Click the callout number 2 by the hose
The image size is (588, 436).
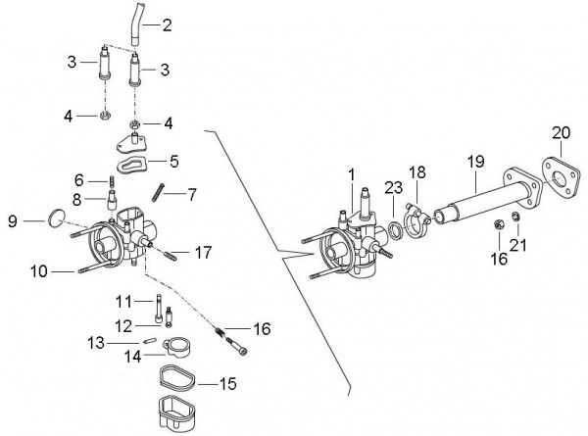pos(168,25)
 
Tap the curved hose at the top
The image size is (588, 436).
pos(136,24)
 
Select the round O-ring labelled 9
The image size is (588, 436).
pos(57,218)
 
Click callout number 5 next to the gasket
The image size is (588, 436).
pos(174,162)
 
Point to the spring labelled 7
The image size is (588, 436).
pos(159,192)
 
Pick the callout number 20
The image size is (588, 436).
pos(561,132)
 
